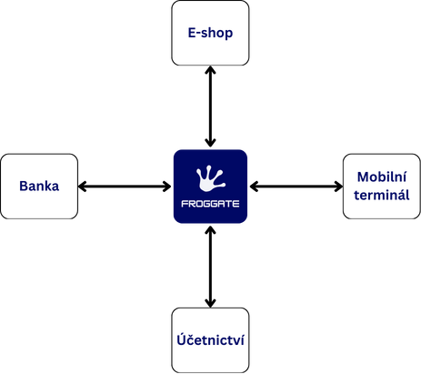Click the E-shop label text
point(210,33)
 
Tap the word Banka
point(39,186)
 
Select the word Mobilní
point(382,177)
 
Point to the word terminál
point(382,195)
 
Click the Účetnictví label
point(210,339)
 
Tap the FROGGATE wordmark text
point(210,204)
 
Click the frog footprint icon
point(211,178)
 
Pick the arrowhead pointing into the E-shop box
point(210,70)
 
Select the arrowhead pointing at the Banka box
point(83,187)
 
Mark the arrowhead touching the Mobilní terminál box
point(338,187)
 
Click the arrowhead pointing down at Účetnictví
point(210,303)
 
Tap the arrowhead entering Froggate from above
point(210,143)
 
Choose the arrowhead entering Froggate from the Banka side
point(167,187)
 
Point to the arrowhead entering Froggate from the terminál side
point(254,187)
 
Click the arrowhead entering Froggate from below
point(210,230)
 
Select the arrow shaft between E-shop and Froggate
point(210,106)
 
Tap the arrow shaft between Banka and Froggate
point(125,187)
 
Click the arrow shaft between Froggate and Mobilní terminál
point(296,187)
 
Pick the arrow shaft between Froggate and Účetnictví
point(210,267)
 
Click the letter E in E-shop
point(192,33)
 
